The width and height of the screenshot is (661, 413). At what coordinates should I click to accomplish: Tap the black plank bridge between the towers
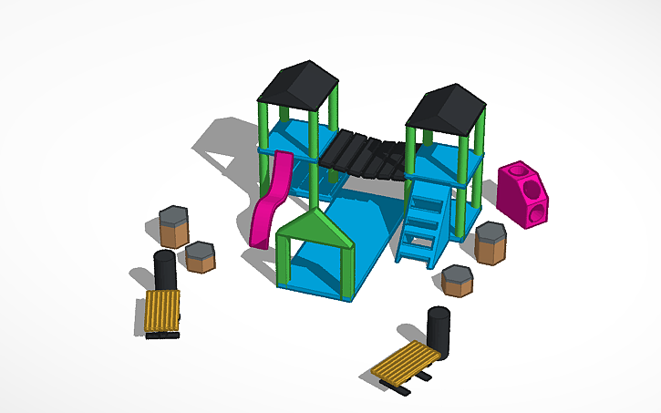point(362,156)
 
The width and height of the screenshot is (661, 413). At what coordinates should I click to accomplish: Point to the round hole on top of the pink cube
point(519,170)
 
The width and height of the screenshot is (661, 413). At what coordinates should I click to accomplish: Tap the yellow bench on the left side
point(163,312)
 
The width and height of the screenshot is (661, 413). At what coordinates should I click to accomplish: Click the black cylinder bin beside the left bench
point(164,270)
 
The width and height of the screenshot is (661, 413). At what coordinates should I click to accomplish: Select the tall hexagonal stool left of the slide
point(172,226)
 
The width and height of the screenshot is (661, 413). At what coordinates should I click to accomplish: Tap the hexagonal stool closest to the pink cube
point(491,243)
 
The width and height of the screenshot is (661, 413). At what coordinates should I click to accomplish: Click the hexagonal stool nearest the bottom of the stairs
point(457,279)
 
